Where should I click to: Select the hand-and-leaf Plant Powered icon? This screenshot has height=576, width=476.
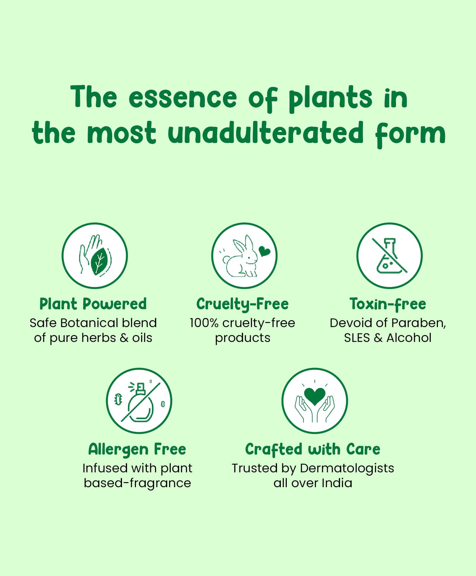click(x=95, y=256)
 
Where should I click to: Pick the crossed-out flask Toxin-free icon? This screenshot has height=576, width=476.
click(x=389, y=256)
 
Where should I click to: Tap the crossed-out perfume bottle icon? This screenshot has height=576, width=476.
click(x=139, y=401)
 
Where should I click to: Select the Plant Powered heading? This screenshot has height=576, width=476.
click(x=93, y=304)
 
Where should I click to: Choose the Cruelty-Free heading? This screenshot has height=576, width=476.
click(x=242, y=304)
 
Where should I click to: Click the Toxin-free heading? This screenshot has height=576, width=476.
click(x=388, y=304)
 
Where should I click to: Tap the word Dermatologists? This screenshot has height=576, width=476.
click(x=347, y=468)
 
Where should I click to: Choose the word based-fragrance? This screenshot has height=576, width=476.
click(x=137, y=483)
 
